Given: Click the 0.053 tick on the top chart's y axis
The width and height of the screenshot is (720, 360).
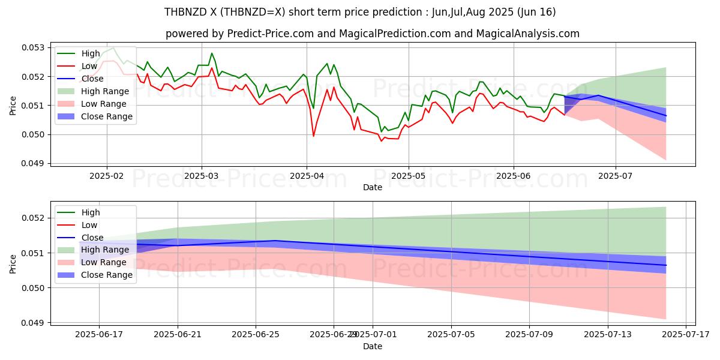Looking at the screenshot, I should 37,47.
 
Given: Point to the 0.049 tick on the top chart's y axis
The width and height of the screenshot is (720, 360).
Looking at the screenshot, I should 37,163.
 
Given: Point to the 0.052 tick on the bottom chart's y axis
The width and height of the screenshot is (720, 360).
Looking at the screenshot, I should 37,218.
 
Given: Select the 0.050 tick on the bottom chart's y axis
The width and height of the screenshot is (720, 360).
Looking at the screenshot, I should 37,288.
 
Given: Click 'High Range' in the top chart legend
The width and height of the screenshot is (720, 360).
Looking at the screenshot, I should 105,91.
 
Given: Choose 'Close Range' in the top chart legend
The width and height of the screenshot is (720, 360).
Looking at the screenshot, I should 107,116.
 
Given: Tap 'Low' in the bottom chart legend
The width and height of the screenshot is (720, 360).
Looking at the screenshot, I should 90,225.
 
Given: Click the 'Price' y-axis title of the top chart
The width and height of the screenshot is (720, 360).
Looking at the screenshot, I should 13,104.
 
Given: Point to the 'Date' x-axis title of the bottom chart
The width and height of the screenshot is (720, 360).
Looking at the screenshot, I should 372,347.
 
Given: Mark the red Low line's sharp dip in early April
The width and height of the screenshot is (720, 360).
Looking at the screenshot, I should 313,136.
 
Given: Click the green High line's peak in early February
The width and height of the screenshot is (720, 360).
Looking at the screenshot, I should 113,47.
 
